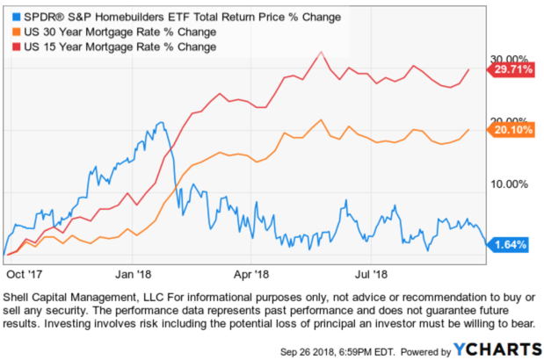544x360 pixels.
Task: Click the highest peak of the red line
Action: point(321,52)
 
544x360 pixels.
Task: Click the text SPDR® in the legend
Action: point(40,15)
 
